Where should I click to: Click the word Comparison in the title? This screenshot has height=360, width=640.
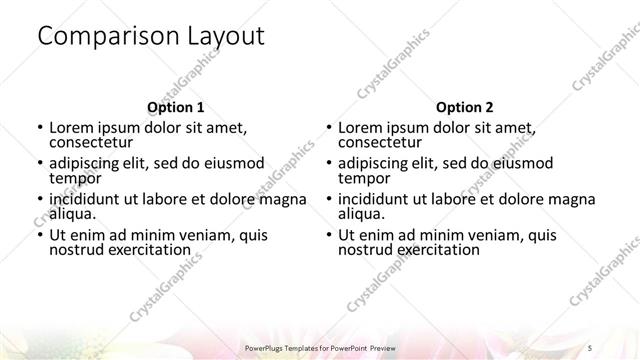108,36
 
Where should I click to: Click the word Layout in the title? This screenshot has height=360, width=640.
227,36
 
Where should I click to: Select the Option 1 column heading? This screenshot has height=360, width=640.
176,107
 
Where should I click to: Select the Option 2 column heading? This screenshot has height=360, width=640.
465,107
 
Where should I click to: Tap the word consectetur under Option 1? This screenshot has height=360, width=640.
93,143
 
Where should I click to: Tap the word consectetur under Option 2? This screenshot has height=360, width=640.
382,143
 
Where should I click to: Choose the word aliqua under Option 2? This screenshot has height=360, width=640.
360,214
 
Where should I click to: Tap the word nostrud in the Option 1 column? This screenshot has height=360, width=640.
77,250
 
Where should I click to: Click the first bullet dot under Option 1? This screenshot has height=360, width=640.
39,128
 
